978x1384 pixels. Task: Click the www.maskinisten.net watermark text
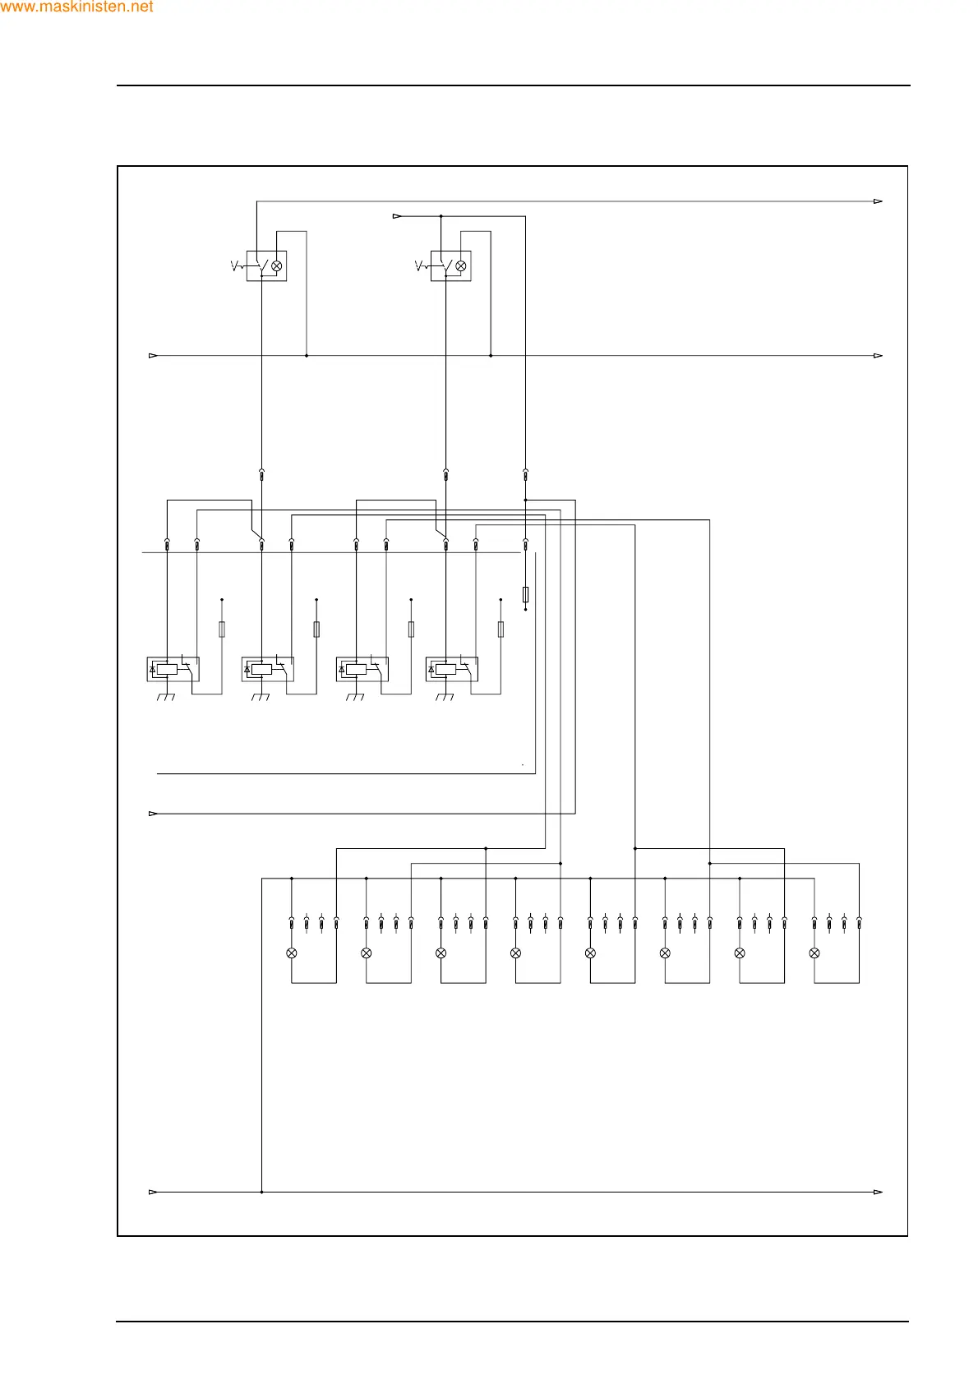pyautogui.click(x=77, y=7)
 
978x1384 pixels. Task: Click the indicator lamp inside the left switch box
pyautogui.click(x=277, y=266)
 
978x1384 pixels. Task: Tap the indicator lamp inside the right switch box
pyautogui.click(x=461, y=266)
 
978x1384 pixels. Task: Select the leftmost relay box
pyautogui.click(x=173, y=669)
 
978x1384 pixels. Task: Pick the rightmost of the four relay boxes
pyautogui.click(x=451, y=669)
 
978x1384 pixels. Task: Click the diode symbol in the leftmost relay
pyautogui.click(x=153, y=670)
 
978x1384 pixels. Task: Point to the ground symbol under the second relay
pyautogui.click(x=260, y=698)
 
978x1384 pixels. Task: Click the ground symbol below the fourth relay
pyautogui.click(x=444, y=698)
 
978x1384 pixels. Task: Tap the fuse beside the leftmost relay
pyautogui.click(x=222, y=630)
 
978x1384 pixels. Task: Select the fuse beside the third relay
pyautogui.click(x=411, y=630)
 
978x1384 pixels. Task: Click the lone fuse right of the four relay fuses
pyautogui.click(x=525, y=594)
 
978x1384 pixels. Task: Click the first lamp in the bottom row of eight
pyautogui.click(x=292, y=953)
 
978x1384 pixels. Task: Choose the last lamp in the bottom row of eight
pyautogui.click(x=814, y=953)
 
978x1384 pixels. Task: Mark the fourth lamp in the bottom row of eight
pyautogui.click(x=515, y=953)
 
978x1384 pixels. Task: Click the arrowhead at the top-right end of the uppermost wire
pyautogui.click(x=878, y=201)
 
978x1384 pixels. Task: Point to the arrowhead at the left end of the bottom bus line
pyautogui.click(x=153, y=1192)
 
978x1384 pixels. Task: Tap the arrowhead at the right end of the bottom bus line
pyautogui.click(x=878, y=1192)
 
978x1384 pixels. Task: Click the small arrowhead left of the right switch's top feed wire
pyautogui.click(x=397, y=217)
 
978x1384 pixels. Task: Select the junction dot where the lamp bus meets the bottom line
pyautogui.click(x=261, y=1192)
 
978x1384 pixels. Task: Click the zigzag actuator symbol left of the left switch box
pyautogui.click(x=236, y=265)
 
